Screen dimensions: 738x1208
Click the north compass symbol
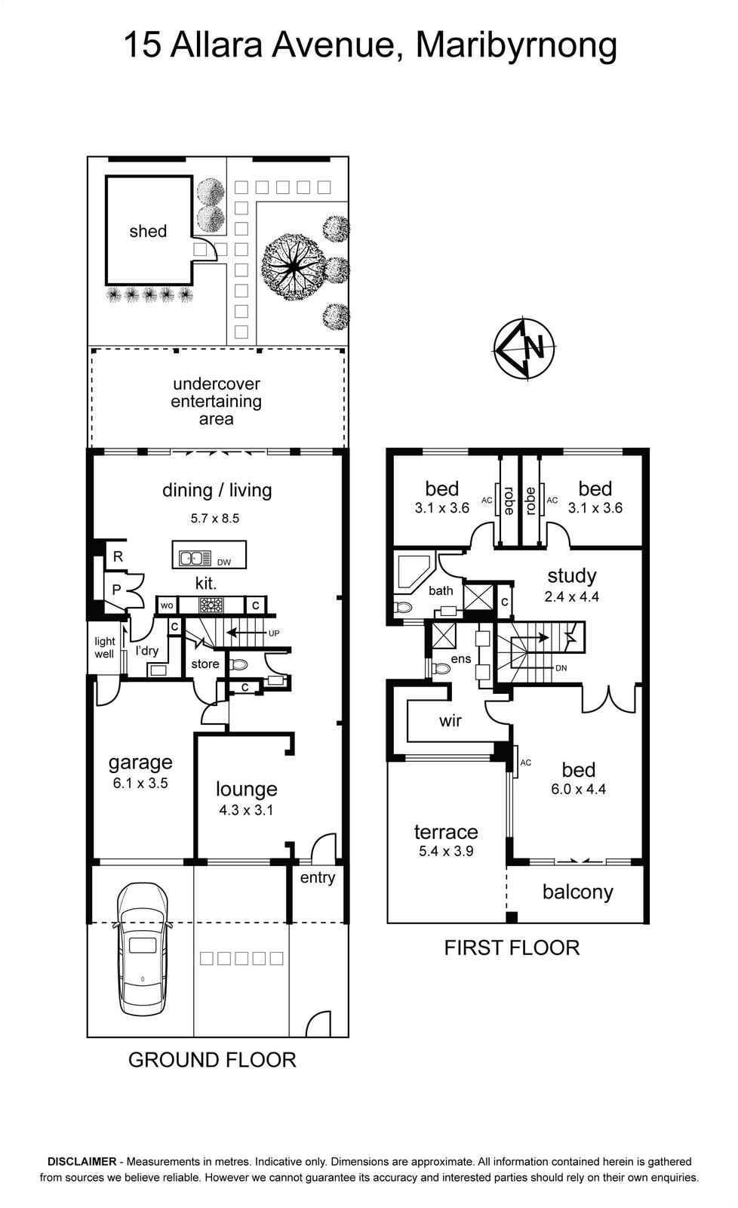524,349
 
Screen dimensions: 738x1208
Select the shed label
148,231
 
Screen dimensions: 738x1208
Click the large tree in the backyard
294,266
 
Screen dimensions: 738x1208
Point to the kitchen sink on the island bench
195,558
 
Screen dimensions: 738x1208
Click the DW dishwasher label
223,562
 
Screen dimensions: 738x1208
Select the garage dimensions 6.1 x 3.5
140,782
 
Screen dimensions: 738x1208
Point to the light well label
105,647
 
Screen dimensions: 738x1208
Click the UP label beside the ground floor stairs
274,633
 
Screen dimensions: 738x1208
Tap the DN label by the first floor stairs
561,667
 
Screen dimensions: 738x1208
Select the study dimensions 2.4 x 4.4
571,596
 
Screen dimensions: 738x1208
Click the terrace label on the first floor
446,831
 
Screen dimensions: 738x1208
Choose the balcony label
578,892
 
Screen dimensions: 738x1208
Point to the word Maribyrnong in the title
516,46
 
